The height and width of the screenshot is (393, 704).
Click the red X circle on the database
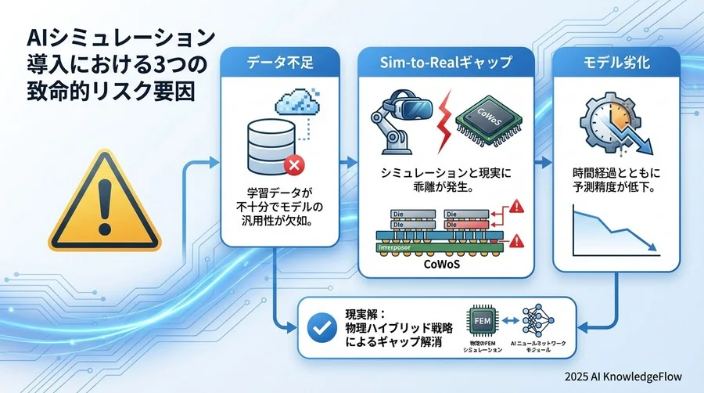click(295, 165)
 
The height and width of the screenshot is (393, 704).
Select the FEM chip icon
click(480, 321)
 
